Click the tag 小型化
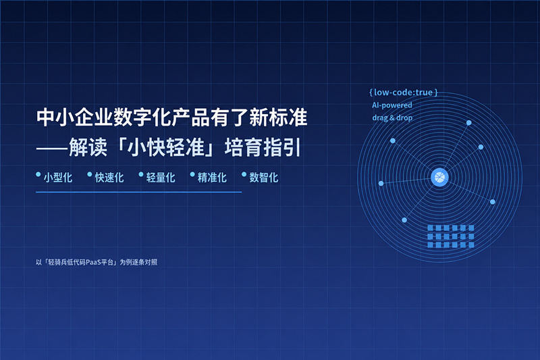[x=58, y=178]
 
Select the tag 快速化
[x=109, y=178]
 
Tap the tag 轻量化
[x=161, y=178]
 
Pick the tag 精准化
[x=212, y=178]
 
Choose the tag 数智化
[x=264, y=178]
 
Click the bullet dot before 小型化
[x=38, y=174]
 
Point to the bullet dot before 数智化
[x=244, y=174]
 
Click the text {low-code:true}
[x=403, y=93]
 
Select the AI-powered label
[x=392, y=105]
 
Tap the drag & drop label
[x=392, y=118]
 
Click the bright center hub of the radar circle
[x=440, y=178]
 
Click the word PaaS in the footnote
[x=93, y=262]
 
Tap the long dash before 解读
[x=52, y=149]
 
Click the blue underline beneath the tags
[x=139, y=192]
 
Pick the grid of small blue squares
[x=450, y=236]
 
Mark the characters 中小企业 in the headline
[x=75, y=117]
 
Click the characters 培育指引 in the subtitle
[x=263, y=147]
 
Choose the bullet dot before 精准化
[x=192, y=174]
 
